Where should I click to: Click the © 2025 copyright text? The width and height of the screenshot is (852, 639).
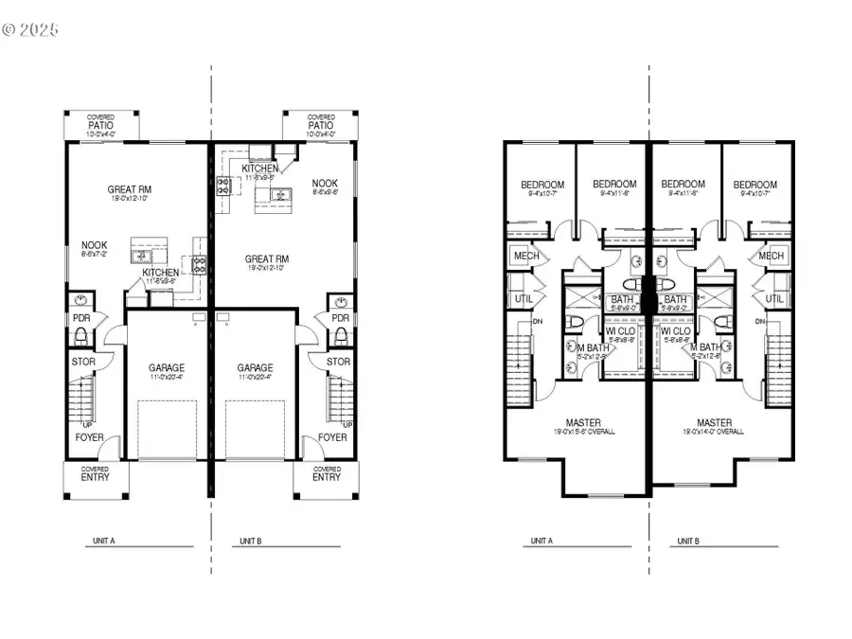pyautogui.click(x=30, y=29)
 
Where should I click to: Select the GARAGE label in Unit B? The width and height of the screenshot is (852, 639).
pyautogui.click(x=256, y=368)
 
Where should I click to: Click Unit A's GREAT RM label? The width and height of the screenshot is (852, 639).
pyautogui.click(x=131, y=189)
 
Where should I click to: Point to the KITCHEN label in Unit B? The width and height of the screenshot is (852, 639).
pyautogui.click(x=259, y=168)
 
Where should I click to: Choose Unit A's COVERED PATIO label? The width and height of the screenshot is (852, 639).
pyautogui.click(x=101, y=124)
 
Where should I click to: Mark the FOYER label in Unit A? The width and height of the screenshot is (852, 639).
pyautogui.click(x=91, y=437)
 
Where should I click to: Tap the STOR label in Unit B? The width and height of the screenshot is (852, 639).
pyautogui.click(x=338, y=362)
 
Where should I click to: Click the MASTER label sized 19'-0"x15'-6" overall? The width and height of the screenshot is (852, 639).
pyautogui.click(x=583, y=422)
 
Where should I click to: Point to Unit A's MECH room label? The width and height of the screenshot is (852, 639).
pyautogui.click(x=525, y=257)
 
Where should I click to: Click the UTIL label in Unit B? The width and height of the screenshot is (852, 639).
pyautogui.click(x=773, y=298)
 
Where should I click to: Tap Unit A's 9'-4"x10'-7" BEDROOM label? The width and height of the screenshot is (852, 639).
pyautogui.click(x=542, y=185)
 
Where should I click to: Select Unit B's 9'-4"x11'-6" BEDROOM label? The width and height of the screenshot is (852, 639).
pyautogui.click(x=683, y=185)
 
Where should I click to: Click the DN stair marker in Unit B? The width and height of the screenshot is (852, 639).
pyautogui.click(x=760, y=322)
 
